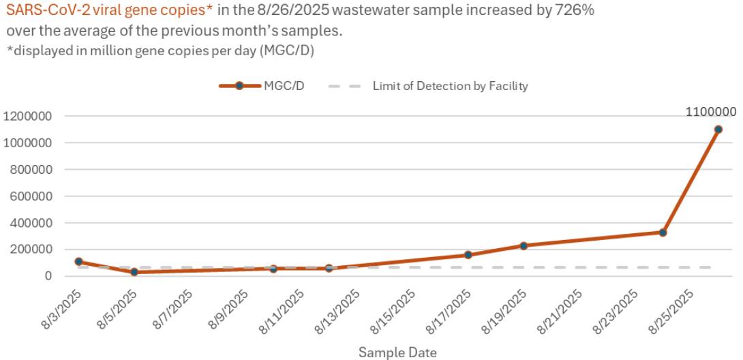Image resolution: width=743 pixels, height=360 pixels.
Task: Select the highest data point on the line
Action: (718, 130)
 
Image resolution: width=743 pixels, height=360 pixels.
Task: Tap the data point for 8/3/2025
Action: (79, 262)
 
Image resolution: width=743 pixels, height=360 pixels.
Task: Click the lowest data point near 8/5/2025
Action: (134, 272)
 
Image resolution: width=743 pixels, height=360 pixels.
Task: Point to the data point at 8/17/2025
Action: (468, 255)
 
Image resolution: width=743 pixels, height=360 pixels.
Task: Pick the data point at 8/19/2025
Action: (524, 245)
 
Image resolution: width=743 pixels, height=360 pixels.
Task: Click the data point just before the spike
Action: (663, 232)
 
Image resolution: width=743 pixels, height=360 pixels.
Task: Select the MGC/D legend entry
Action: (262, 86)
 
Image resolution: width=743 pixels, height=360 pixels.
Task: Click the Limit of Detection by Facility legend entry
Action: (428, 86)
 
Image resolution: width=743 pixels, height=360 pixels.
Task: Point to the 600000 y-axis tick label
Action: (29, 196)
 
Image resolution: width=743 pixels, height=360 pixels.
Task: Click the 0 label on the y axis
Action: (49, 276)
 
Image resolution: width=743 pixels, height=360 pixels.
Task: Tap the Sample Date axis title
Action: (397, 352)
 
